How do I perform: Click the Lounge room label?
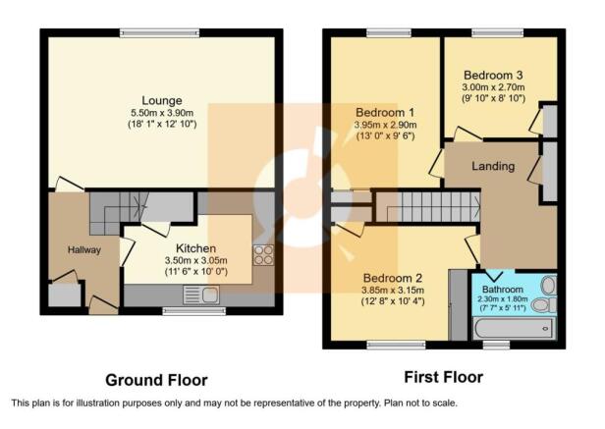pos(162,101)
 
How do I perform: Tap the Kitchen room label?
pos(195,248)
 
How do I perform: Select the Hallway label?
pos(84,250)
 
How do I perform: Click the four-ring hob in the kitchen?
pos(263,255)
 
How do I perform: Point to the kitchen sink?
pos(201,295)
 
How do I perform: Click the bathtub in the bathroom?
pos(514,329)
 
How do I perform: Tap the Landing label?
pos(493,166)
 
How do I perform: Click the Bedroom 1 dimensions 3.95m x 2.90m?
pos(385,125)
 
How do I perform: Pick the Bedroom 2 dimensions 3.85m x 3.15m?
pos(393,291)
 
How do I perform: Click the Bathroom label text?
pos(503,290)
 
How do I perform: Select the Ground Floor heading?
pos(156,380)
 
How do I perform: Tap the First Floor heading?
pos(443,377)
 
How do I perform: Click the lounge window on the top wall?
pos(159,33)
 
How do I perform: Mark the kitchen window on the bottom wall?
pos(193,311)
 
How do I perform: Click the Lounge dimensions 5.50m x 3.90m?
pos(162,113)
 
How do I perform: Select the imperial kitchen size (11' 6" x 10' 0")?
pos(196,272)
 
